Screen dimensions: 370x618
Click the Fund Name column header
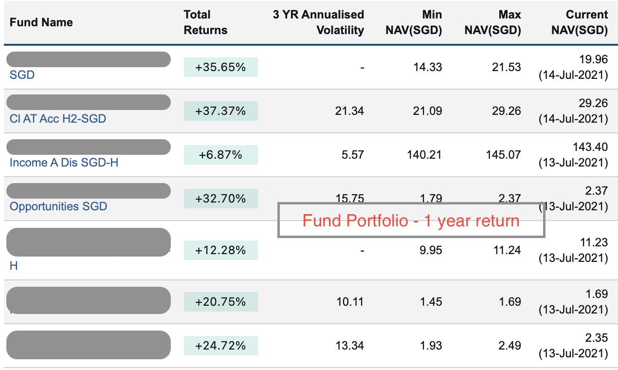point(41,22)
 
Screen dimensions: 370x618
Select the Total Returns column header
point(205,22)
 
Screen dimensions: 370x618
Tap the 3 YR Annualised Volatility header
point(318,22)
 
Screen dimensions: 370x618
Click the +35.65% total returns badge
point(220,67)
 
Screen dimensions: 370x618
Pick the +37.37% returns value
point(220,111)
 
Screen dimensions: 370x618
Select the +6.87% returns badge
point(220,155)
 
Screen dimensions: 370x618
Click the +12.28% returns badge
point(220,250)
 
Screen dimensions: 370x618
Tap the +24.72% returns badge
point(220,346)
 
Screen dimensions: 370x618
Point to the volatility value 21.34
point(350,111)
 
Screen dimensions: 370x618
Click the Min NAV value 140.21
point(425,155)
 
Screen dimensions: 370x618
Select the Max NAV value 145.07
point(504,155)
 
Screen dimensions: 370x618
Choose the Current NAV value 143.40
point(591,148)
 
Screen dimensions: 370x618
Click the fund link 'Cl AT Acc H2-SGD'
point(57,119)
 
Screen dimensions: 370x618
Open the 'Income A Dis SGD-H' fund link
point(64,163)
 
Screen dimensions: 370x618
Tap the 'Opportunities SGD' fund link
point(58,206)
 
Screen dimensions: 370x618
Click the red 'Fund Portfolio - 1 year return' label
point(411,221)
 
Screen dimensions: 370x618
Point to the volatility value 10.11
point(350,302)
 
